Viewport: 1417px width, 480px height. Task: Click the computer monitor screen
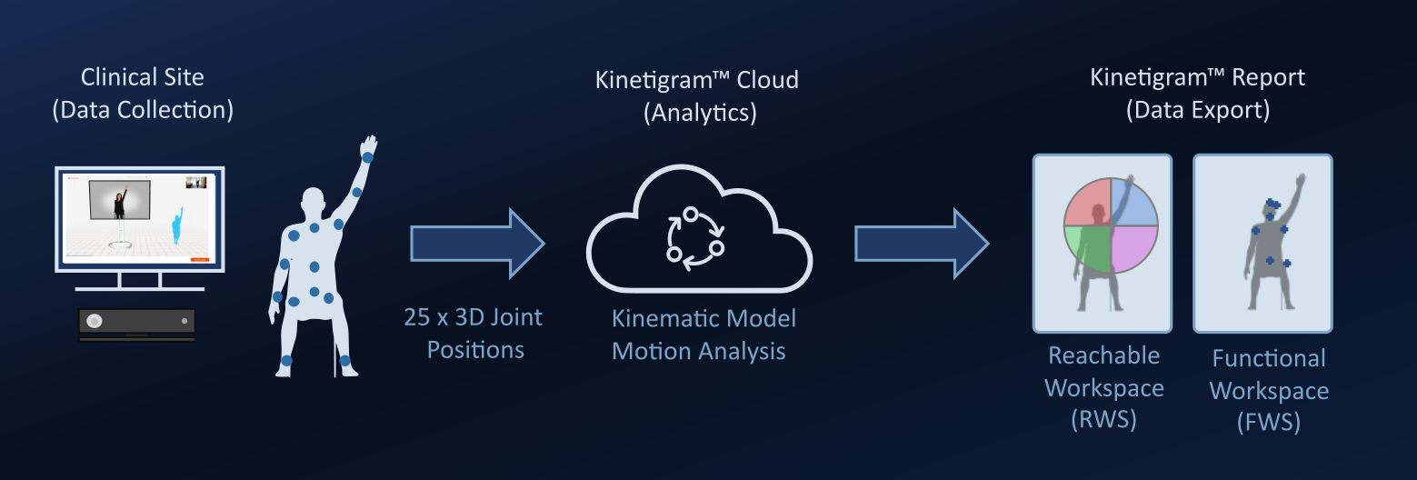140,218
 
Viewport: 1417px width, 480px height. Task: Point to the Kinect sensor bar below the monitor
137,322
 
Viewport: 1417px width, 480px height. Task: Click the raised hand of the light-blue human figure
368,147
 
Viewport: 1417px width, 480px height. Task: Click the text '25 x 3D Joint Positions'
474,333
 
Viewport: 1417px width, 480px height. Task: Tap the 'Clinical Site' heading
143,77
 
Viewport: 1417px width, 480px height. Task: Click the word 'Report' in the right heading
1264,77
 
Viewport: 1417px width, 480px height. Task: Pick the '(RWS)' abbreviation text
1104,420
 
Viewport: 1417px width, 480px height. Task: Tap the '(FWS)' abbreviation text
1269,423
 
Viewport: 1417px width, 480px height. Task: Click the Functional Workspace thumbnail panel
1262,243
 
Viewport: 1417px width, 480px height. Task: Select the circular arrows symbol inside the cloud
695,239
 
